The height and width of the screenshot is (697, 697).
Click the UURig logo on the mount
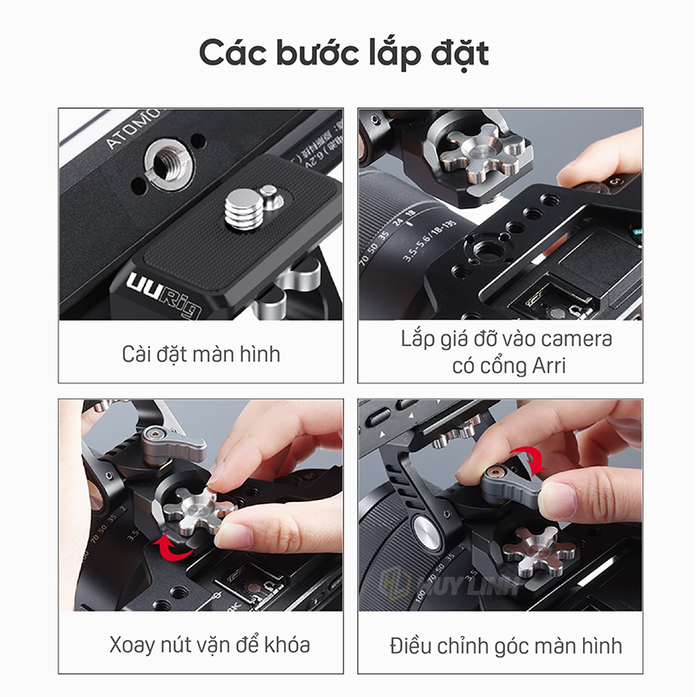point(163,294)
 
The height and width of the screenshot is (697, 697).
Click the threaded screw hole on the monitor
point(168,161)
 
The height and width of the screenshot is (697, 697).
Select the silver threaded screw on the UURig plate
point(240,209)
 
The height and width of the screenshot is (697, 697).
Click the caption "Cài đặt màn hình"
point(201,355)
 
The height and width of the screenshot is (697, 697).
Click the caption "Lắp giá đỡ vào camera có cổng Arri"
point(507,352)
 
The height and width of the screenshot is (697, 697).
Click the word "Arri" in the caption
point(549,366)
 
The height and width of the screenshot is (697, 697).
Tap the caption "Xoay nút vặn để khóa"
point(209,645)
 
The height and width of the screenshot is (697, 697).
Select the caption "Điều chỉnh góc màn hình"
point(506,646)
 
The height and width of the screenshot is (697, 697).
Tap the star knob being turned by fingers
point(195,512)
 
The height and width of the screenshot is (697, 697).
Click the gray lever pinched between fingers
point(511,487)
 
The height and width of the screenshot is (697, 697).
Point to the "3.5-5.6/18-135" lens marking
point(429,240)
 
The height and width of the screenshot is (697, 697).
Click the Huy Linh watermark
point(449,582)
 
